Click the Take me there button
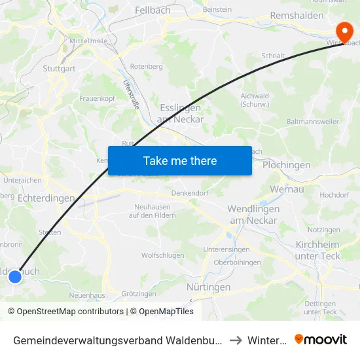pyautogui.click(x=180, y=160)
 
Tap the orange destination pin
pyautogui.click(x=343, y=31)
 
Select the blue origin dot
pyautogui.click(x=14, y=277)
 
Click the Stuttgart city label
pyautogui.click(x=60, y=67)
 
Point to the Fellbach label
pyautogui.click(x=153, y=10)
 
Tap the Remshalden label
pyautogui.click(x=297, y=16)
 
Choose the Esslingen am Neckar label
pyautogui.click(x=180, y=113)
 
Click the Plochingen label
pyautogui.click(x=286, y=165)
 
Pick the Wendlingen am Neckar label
pyautogui.click(x=253, y=214)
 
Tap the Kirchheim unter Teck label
pyautogui.click(x=318, y=250)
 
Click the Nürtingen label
pyautogui.click(x=208, y=287)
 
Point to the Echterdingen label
pyautogui.click(x=46, y=198)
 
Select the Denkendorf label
pyautogui.click(x=189, y=193)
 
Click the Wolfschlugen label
pyautogui.click(x=161, y=256)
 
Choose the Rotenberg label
pyautogui.click(x=147, y=67)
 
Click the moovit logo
pyautogui.click(x=321, y=339)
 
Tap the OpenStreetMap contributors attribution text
pyautogui.click(x=65, y=312)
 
